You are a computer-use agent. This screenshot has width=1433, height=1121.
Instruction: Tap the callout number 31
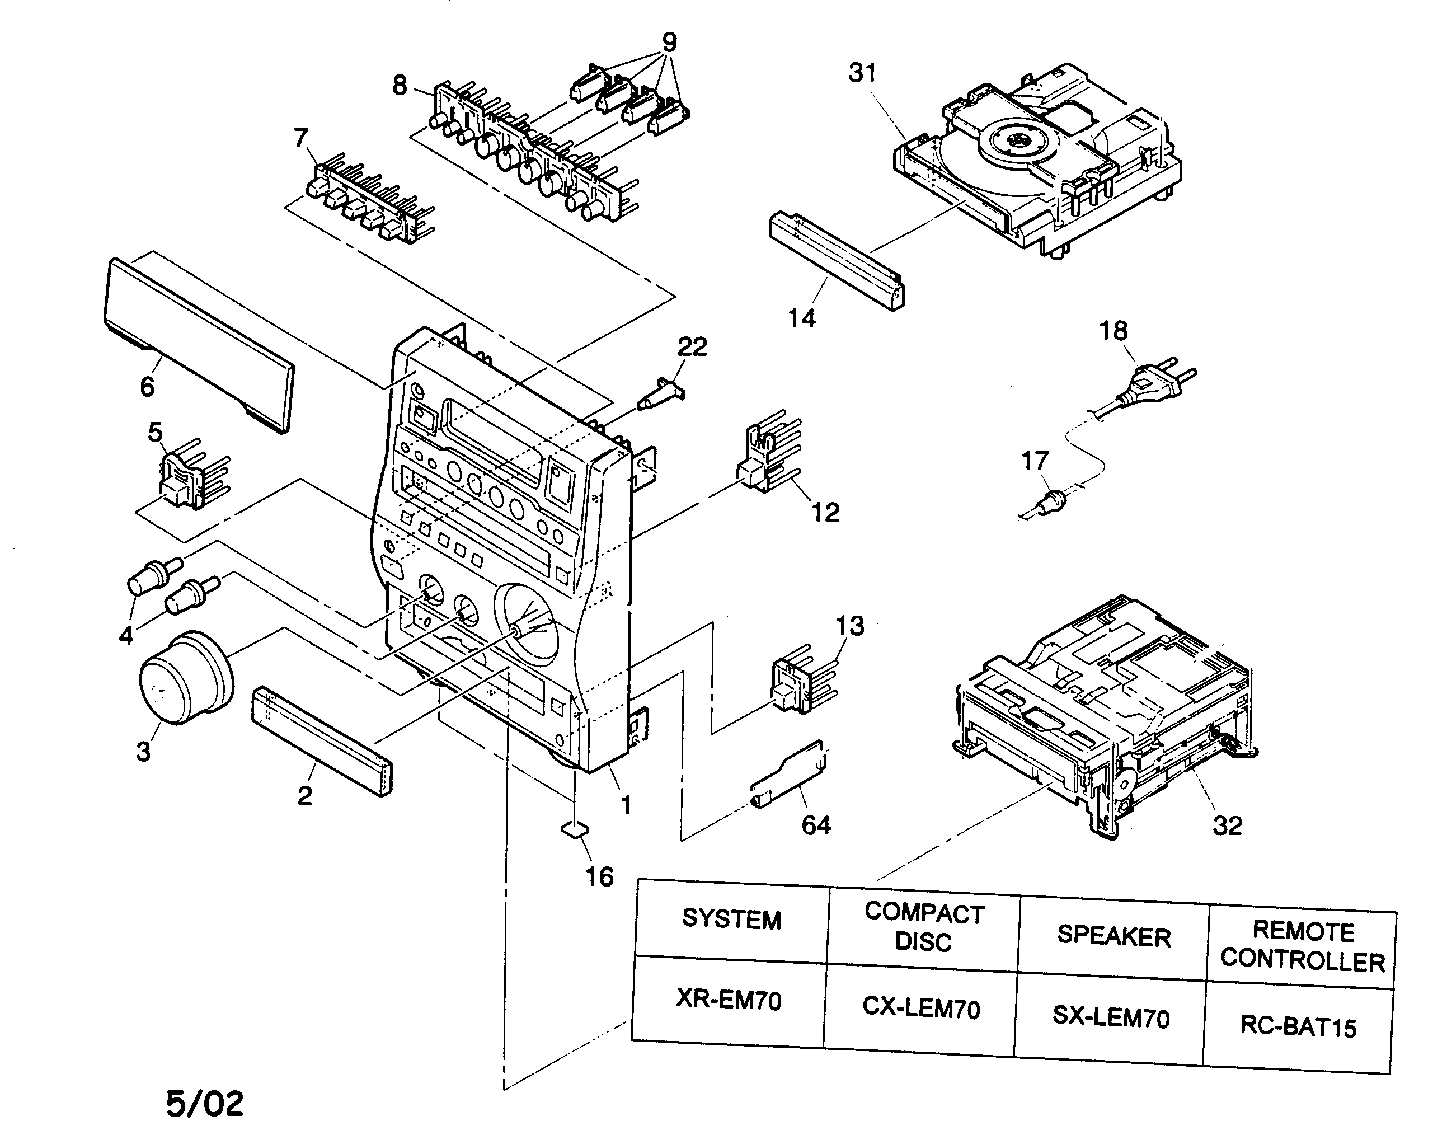tap(862, 73)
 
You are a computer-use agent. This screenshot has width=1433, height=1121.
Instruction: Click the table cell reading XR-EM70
tap(729, 1000)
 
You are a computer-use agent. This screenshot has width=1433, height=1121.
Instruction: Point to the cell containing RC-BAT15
tap(1298, 1027)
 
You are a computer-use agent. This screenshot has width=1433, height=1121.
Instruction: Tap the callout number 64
tap(816, 825)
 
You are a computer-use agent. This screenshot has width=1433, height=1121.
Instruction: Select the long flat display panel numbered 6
tap(197, 341)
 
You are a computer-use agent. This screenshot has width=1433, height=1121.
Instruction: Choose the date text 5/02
tap(205, 1103)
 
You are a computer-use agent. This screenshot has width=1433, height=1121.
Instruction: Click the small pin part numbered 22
tap(663, 394)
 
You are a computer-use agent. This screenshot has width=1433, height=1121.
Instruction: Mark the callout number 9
tap(669, 43)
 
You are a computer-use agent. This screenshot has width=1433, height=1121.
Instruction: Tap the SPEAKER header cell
tap(1113, 936)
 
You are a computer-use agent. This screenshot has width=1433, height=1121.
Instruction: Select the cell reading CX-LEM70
tap(920, 1007)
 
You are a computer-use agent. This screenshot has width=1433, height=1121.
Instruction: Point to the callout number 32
tap(1227, 825)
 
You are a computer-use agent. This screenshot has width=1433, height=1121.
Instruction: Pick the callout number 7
tap(300, 138)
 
